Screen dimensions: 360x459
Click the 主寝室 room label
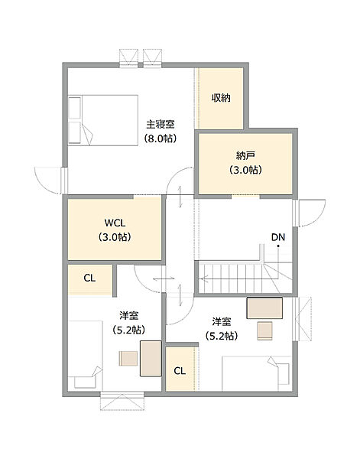pos(161,125)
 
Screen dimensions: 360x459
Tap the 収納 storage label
pos(221,98)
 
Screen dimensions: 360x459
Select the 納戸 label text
pos(245,155)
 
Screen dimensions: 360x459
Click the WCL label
pos(115,223)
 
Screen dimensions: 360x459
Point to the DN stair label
pos(277,237)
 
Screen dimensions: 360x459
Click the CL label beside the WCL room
pos(89,278)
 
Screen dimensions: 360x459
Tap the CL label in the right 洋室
pos(180,371)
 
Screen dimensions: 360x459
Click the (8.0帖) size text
pos(161,138)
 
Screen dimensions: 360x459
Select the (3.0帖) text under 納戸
pos(245,170)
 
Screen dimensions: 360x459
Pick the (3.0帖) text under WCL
pos(115,236)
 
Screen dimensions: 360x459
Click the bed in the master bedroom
pos(103,120)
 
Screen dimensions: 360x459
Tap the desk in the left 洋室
pos(151,359)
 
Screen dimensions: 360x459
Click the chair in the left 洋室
pos(128,359)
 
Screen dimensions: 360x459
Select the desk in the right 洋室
pos(264,308)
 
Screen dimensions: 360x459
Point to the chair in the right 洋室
pos(265,330)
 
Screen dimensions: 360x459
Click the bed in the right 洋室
pos(257,373)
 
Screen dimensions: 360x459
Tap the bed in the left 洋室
pos(85,356)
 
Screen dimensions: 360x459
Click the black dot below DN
pos(278,246)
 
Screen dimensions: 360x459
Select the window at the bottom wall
pos(122,401)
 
